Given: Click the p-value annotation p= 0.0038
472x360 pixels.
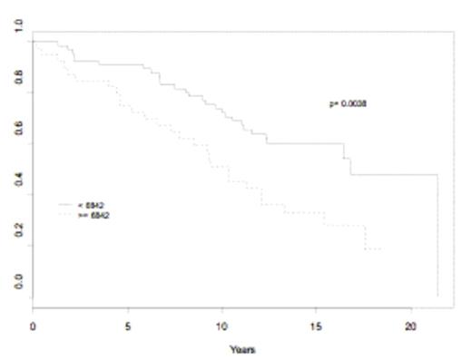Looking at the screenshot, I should click(348, 104).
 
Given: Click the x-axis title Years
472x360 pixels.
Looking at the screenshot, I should click(242, 349).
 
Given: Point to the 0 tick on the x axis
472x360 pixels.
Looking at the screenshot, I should click(34, 324).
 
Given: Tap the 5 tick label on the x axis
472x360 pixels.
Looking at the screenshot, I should click(128, 324).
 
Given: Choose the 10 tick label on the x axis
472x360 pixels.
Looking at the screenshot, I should click(222, 324).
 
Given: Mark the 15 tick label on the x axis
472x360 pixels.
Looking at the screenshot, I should click(317, 324).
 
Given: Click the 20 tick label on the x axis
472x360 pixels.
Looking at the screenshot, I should click(411, 324).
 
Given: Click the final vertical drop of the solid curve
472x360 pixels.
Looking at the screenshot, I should click(438, 236).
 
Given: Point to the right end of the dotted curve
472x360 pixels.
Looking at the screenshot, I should click(380, 248).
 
